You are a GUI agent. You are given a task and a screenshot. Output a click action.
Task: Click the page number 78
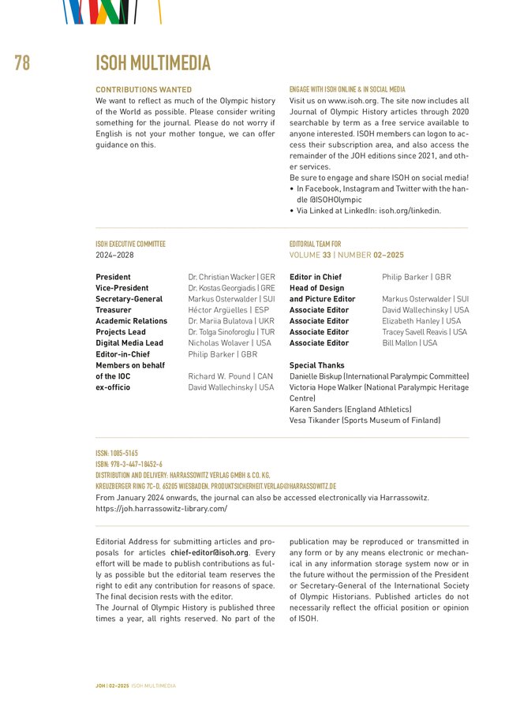tap(22, 64)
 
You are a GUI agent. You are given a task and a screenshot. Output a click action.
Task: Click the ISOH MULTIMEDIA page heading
tap(153, 64)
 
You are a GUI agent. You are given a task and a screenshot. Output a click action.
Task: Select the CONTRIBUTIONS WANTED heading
tap(144, 90)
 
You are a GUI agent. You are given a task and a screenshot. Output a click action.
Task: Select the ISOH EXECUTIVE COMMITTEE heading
tap(130, 245)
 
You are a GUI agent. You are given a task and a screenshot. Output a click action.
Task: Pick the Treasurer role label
tap(114, 311)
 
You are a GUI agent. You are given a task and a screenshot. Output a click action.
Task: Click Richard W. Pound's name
tap(219, 376)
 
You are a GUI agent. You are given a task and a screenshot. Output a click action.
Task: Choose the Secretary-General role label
tap(129, 300)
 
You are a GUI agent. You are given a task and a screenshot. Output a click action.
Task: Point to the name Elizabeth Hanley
tap(411, 321)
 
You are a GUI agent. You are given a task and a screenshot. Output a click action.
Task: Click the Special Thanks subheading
tap(316, 365)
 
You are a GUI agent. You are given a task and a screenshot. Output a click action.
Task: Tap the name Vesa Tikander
tap(320, 421)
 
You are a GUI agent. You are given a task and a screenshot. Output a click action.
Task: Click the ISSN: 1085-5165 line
tap(117, 454)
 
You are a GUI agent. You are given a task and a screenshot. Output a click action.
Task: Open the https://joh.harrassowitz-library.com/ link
tap(161, 509)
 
